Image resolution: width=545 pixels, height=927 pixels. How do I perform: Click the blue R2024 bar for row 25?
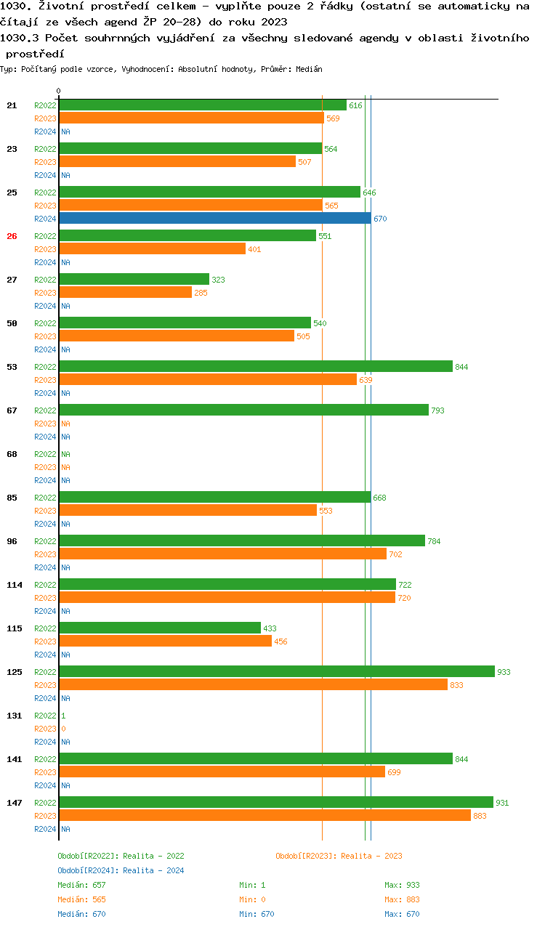(x=214, y=219)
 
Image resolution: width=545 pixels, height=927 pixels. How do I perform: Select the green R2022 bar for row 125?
(x=276, y=672)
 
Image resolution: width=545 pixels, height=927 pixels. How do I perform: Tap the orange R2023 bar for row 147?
(x=265, y=816)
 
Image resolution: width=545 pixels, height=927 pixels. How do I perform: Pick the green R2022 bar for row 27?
(x=134, y=280)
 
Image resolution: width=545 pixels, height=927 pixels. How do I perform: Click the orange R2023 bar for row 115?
(x=165, y=641)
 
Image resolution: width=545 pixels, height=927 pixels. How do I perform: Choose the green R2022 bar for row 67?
(x=243, y=410)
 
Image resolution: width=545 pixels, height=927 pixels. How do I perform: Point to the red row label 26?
(x=12, y=236)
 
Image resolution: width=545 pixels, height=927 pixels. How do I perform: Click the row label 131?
(x=15, y=716)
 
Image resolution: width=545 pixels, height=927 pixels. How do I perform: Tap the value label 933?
(x=504, y=672)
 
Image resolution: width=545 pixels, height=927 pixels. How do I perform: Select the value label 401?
(x=254, y=249)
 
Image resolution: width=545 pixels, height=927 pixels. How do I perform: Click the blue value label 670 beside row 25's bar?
(x=380, y=219)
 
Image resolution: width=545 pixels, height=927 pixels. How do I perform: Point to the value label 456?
(x=280, y=641)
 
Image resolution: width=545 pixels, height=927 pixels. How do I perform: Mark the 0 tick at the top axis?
(x=59, y=92)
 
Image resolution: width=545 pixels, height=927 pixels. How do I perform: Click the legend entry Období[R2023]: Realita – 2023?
(x=339, y=856)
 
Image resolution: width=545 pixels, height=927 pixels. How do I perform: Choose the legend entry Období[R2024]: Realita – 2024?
(x=121, y=870)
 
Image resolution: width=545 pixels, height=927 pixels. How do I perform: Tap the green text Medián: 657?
(x=81, y=885)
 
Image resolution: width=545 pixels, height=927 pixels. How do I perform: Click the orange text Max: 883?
(x=402, y=899)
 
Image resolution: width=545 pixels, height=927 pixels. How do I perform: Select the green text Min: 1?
(x=252, y=885)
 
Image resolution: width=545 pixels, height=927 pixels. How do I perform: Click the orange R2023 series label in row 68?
(x=45, y=467)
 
